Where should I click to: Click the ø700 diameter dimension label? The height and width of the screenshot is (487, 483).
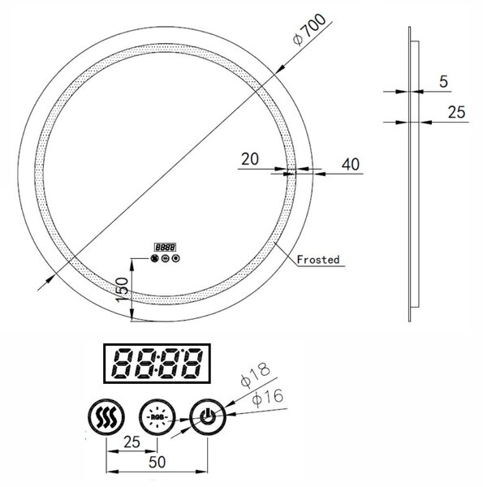pos(309,29)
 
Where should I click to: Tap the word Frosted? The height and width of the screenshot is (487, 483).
pos(318,260)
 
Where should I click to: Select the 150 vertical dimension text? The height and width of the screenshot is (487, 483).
pos(122,290)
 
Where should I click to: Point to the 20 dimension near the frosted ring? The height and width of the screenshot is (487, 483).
pos(250,159)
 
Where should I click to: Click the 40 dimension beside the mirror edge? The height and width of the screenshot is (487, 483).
pos(351,164)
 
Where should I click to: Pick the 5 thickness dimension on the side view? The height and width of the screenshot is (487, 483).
pos(443,82)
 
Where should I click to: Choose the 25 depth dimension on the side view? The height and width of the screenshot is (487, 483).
pos(456,112)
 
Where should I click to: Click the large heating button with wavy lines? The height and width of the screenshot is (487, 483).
pos(106,417)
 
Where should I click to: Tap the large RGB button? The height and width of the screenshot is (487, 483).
pos(157,417)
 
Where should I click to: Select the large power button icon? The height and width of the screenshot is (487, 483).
pos(208,417)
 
